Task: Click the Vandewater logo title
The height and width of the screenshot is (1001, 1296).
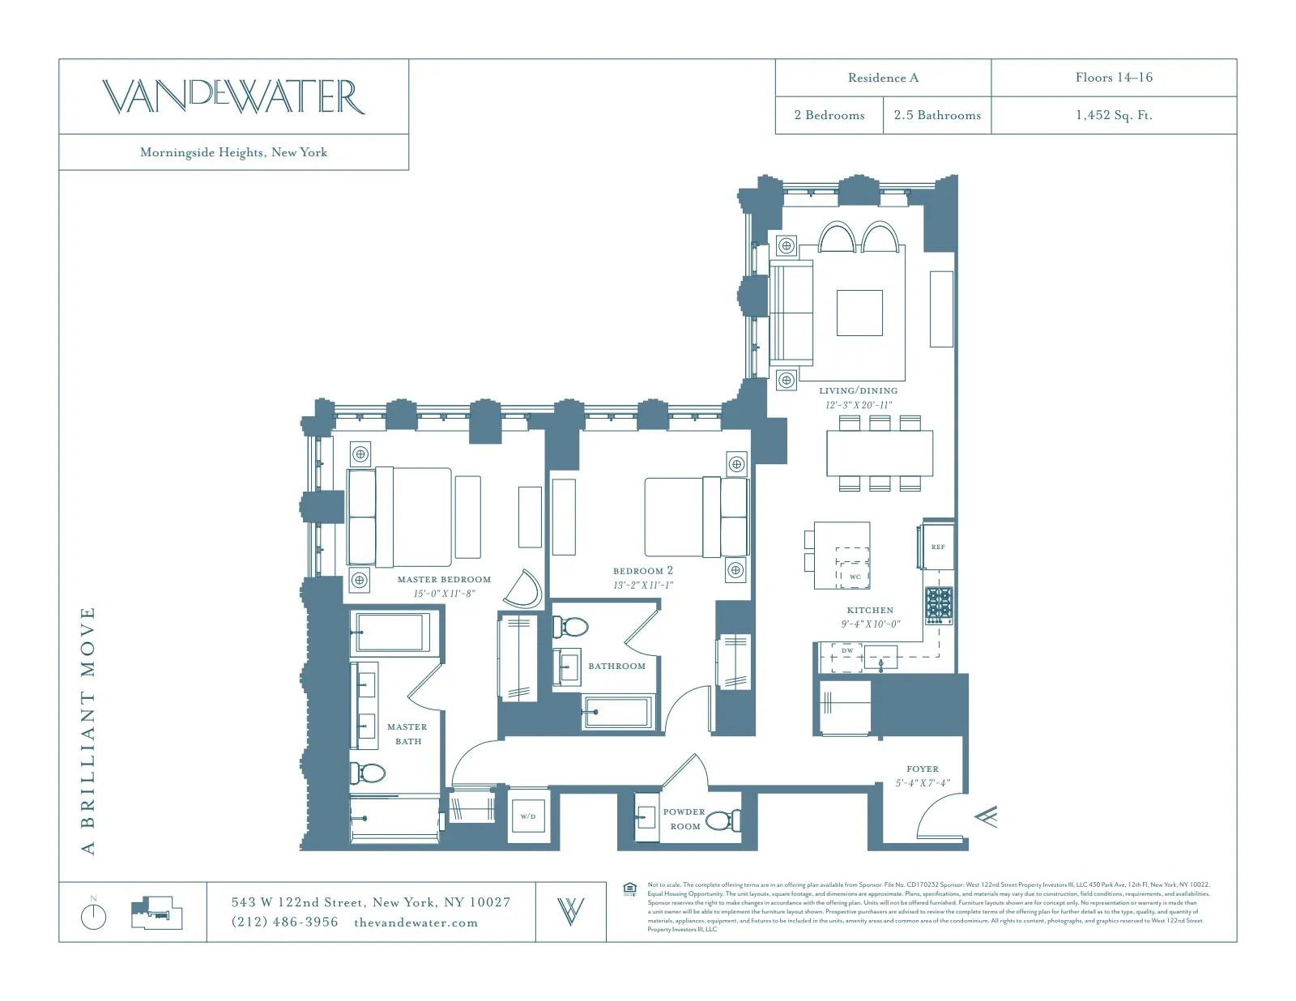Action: pos(233,96)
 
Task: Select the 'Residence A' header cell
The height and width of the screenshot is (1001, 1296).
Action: pos(883,78)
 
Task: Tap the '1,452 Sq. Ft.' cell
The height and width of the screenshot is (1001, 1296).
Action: pos(1114,115)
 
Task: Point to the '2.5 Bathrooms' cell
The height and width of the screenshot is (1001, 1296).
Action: pos(937,115)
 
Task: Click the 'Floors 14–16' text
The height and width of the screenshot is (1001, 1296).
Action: pos(1114,78)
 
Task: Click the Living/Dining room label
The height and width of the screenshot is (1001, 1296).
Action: pos(858,390)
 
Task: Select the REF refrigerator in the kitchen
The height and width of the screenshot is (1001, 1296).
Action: pos(937,547)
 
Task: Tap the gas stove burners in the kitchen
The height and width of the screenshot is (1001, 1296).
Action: pos(939,605)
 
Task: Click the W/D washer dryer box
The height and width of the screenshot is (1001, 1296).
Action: pos(528,816)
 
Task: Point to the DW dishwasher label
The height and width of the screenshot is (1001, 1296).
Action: pos(846,650)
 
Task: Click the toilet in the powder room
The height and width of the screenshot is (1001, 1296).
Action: pos(723,820)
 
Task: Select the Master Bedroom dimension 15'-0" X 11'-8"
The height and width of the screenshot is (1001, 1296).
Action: pos(444,594)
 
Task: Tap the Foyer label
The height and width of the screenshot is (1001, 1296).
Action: pos(923,769)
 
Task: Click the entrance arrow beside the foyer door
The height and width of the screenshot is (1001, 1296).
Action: pos(986,816)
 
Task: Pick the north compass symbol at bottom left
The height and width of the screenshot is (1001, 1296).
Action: pos(94,915)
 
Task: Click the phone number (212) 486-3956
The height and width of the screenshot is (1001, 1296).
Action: pos(284,922)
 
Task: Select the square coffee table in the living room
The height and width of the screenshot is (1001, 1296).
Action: pos(859,313)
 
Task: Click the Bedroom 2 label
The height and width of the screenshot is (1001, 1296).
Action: pos(643,571)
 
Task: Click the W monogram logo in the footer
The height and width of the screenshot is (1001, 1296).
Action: pos(570,912)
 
